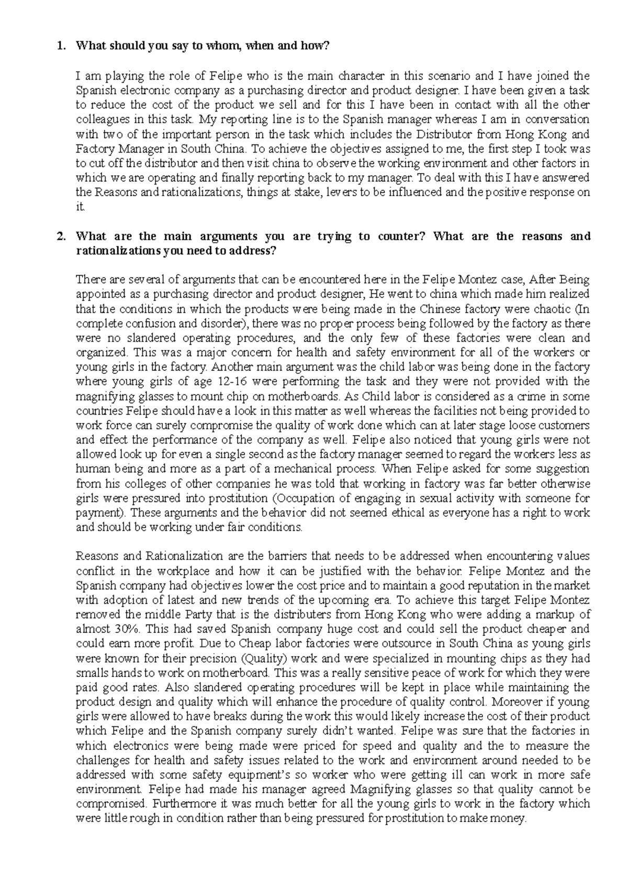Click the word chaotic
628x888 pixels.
pos(551,309)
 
